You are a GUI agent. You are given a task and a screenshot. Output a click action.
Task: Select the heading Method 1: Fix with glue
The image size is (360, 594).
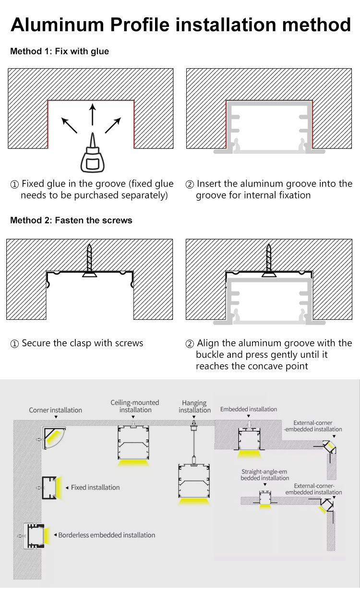tap(60, 51)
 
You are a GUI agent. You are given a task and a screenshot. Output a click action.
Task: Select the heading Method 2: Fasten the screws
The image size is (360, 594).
tap(71, 220)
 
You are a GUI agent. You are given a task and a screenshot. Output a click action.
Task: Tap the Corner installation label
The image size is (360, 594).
tap(55, 410)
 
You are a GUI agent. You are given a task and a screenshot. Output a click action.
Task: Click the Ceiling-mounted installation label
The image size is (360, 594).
tap(135, 406)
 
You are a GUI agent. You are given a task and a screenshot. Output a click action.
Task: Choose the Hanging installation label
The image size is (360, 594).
tap(194, 406)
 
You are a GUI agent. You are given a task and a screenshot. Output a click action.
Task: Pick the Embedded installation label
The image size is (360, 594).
tap(249, 409)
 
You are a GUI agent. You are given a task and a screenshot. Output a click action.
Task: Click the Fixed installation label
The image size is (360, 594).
tap(95, 487)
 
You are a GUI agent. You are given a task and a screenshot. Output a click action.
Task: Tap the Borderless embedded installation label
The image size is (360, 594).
tap(107, 535)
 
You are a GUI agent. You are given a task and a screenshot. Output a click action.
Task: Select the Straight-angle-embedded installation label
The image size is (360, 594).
tap(265, 475)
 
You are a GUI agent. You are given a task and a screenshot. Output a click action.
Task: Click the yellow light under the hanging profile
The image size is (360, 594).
tap(194, 501)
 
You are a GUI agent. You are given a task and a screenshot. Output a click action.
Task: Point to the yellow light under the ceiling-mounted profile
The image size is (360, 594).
tap(133, 463)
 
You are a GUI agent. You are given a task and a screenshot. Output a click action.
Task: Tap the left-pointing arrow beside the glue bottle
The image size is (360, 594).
tap(70, 125)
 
